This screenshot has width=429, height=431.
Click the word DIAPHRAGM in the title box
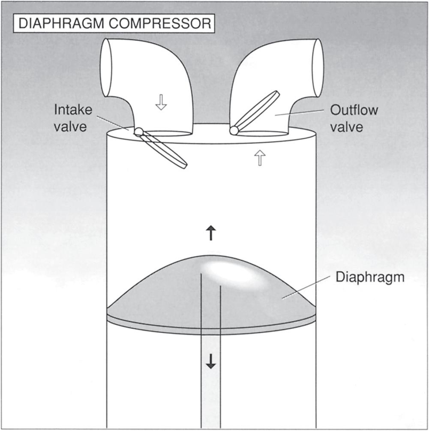tap(60, 24)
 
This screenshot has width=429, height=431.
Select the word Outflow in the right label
tap(354, 110)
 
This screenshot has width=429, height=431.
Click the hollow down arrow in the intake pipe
tap(161, 102)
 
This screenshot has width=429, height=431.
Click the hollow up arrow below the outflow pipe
tap(260, 159)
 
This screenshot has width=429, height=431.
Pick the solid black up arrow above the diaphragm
tap(211, 233)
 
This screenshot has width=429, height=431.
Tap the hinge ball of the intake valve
tap(138, 132)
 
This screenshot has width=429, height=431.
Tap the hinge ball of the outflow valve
tap(234, 130)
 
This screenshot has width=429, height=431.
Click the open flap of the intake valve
tap(165, 150)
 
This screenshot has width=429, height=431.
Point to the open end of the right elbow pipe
tap(318, 67)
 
